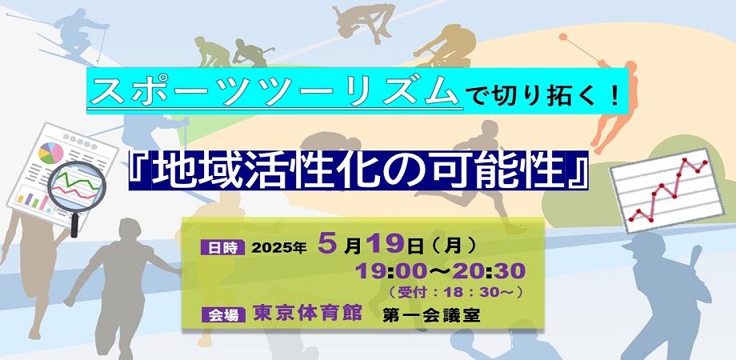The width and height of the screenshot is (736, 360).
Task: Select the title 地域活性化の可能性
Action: pos(358,170)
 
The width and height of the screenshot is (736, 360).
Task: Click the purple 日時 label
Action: pos(222,247)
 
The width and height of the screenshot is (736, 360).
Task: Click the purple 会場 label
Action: pos(223,315)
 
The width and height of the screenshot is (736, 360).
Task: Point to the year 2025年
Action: pos(279,248)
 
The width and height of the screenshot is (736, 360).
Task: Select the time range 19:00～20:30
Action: pos(440,271)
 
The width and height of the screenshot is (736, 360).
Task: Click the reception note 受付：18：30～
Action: pos(454,292)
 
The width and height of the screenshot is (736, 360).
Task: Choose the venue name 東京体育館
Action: pos(307,313)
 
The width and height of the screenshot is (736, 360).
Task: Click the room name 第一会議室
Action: pos(431,315)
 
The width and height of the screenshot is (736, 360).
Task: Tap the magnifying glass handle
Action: pos(74,224)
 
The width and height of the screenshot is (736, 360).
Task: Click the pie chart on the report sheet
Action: pos(50,154)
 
